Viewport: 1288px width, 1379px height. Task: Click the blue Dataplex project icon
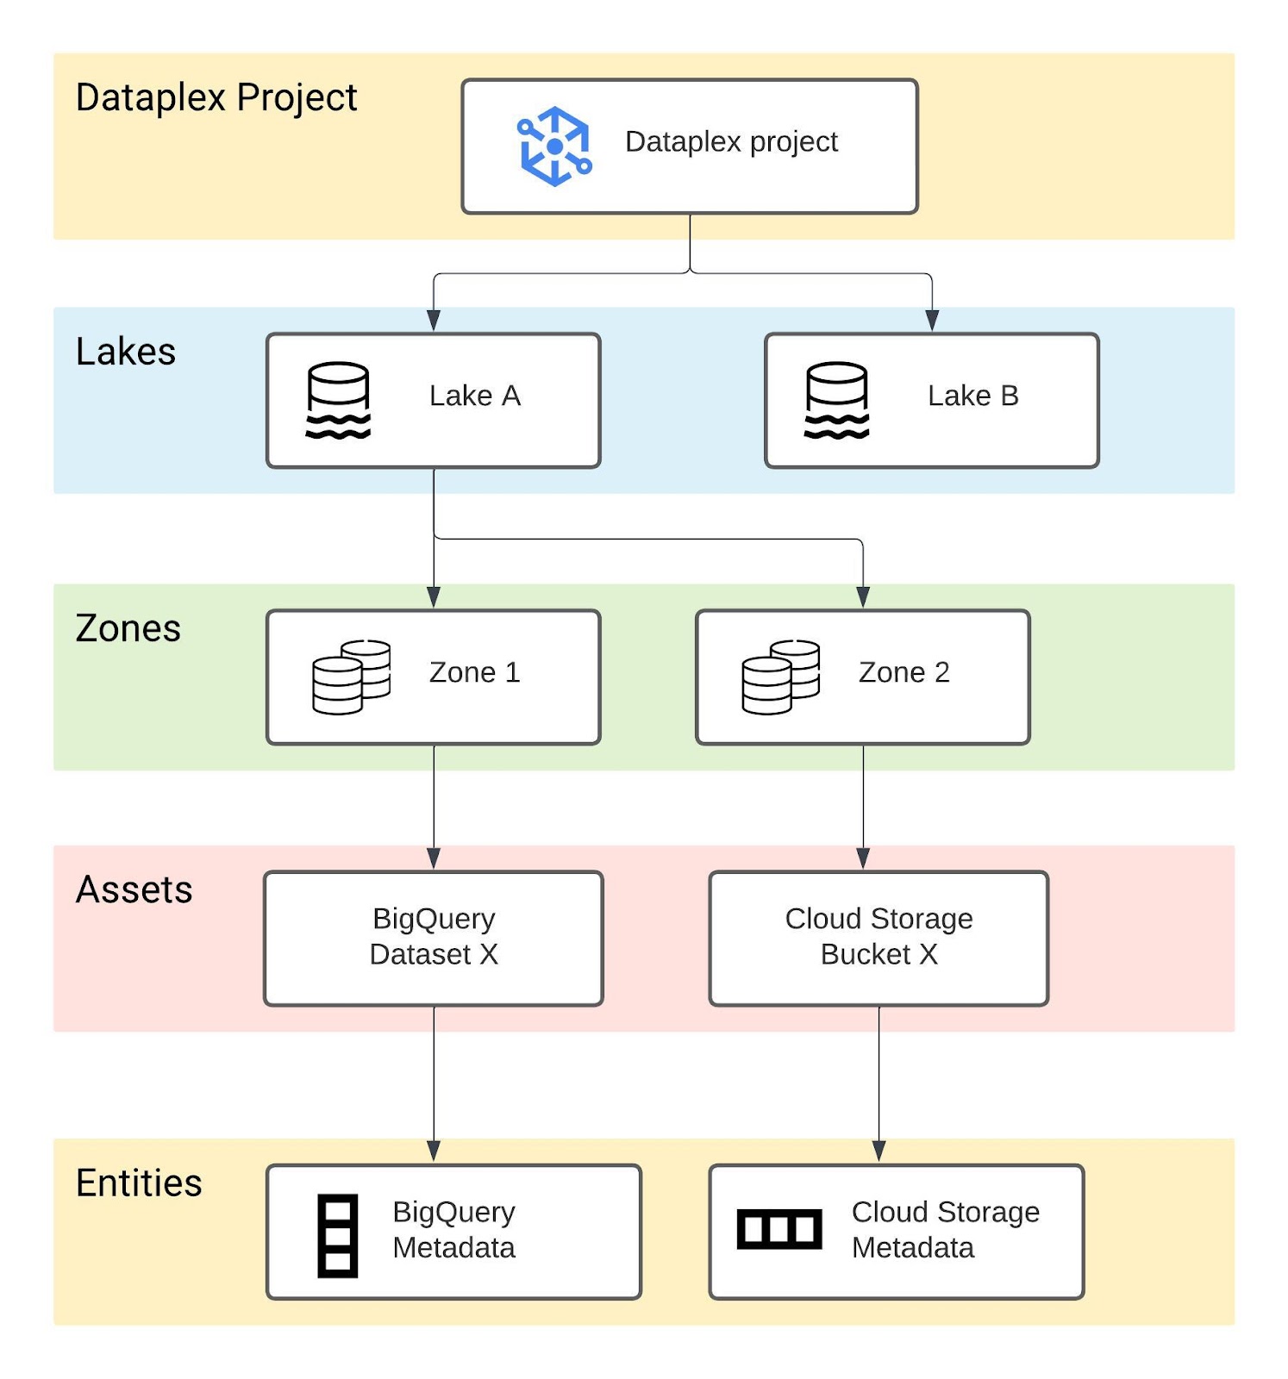[x=554, y=146]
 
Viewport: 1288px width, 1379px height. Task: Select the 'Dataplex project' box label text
[x=730, y=141]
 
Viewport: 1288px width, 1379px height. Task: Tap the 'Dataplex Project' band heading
[x=216, y=97]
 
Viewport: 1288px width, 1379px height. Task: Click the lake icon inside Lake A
[x=338, y=400]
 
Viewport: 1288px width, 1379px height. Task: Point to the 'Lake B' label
[x=972, y=396]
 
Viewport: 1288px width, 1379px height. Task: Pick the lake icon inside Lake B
[x=836, y=400]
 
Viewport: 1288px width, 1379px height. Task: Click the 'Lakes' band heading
[x=126, y=352]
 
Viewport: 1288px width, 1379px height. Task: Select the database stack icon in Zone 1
[x=351, y=677]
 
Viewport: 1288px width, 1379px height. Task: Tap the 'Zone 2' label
[x=903, y=672]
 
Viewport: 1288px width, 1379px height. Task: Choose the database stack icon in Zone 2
[x=780, y=677]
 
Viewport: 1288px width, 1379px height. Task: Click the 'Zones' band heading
[x=128, y=628]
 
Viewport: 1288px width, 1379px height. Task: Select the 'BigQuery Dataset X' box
[x=434, y=938]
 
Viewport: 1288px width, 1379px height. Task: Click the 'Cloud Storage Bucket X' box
[x=878, y=938]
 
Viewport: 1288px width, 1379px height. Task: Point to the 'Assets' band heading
[x=134, y=889]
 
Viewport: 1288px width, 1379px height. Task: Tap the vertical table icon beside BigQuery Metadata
[x=338, y=1235]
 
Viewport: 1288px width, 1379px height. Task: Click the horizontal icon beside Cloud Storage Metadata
[x=779, y=1228]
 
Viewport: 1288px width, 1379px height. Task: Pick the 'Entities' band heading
[x=139, y=1183]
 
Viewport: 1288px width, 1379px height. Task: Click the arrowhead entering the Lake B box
[x=932, y=321]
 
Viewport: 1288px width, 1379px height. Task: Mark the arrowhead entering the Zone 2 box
[x=863, y=596]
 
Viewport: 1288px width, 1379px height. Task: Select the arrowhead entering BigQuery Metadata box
[x=434, y=1151]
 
